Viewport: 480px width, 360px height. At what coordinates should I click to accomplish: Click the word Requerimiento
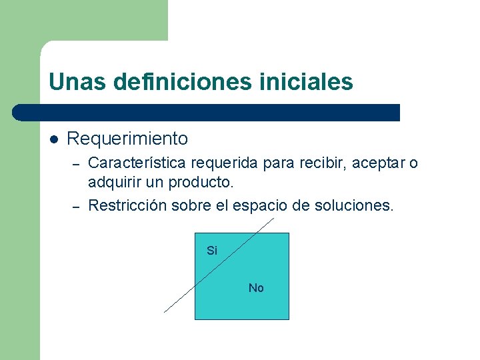point(127,139)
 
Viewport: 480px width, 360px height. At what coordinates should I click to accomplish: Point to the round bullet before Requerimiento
point(54,139)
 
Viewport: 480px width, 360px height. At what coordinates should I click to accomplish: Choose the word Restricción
point(127,205)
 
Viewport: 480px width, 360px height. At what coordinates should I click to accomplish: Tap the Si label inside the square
point(212,251)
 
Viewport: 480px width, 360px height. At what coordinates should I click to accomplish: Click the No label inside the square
point(256,288)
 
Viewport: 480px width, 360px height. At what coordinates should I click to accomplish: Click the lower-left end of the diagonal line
point(166,311)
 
